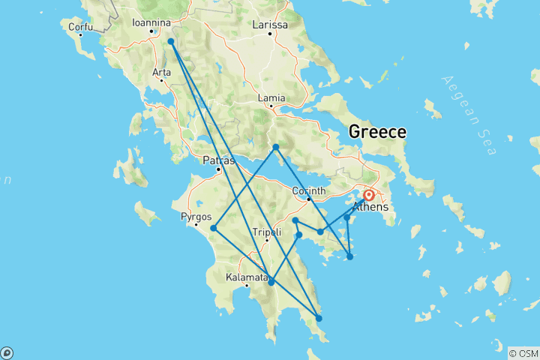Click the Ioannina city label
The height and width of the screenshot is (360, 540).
pyautogui.click(x=152, y=22)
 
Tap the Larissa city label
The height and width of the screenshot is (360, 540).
pyautogui.click(x=270, y=25)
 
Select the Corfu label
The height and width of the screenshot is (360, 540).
pyautogui.click(x=80, y=27)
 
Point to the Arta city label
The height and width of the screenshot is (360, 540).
pyautogui.click(x=161, y=72)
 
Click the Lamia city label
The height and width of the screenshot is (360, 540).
pyautogui.click(x=271, y=97)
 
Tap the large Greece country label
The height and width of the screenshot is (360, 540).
pyautogui.click(x=377, y=132)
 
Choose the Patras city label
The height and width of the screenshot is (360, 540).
pyautogui.click(x=219, y=160)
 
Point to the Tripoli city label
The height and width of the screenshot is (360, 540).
pyautogui.click(x=266, y=232)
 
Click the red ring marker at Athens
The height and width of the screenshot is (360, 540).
pyautogui.click(x=369, y=195)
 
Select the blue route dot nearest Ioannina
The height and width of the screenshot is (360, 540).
pyautogui.click(x=171, y=42)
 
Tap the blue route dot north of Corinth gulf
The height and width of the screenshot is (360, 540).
pyautogui.click(x=276, y=147)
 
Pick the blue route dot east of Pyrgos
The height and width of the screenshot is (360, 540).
pyautogui.click(x=214, y=228)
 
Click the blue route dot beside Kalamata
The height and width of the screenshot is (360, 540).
pyautogui.click(x=271, y=282)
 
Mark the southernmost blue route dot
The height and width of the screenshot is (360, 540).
pyautogui.click(x=319, y=319)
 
